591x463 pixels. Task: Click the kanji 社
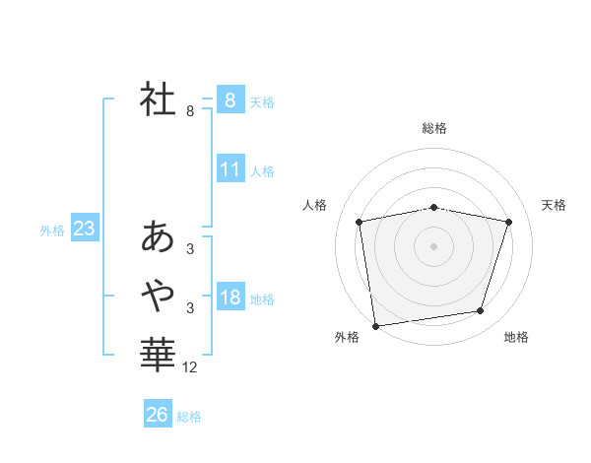(x=158, y=99)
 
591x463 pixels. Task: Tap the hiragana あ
(x=158, y=236)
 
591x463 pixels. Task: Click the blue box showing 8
(x=230, y=100)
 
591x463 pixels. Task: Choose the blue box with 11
(x=230, y=169)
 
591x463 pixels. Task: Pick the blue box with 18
(x=230, y=298)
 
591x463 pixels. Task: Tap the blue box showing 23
(x=84, y=230)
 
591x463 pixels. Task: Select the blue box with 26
(x=157, y=415)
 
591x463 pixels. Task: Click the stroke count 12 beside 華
(x=190, y=367)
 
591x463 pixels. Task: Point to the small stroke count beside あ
(x=190, y=249)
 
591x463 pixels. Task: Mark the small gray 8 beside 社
(x=190, y=111)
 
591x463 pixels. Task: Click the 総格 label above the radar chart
(x=434, y=128)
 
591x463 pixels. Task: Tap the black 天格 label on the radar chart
(x=555, y=205)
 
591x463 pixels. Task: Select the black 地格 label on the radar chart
(x=516, y=338)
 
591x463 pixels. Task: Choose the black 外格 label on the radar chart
(x=347, y=338)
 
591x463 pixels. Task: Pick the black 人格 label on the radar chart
(x=314, y=205)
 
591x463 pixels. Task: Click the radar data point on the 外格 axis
(x=375, y=325)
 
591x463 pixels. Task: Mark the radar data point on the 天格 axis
(x=508, y=222)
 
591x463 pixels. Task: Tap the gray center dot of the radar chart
(x=433, y=245)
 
